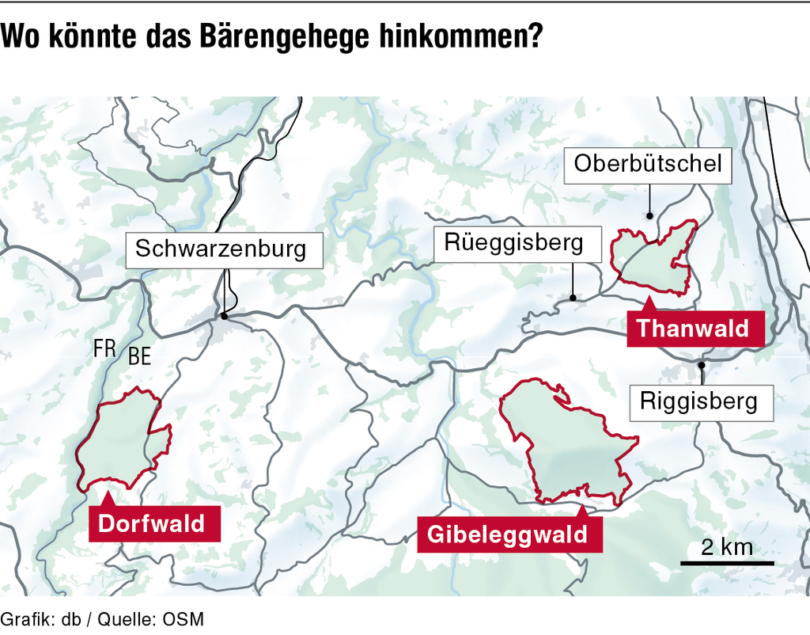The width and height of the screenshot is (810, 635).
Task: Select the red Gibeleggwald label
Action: click(508, 534)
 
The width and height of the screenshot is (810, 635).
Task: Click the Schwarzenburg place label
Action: click(221, 249)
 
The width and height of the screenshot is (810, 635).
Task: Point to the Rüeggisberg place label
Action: click(513, 242)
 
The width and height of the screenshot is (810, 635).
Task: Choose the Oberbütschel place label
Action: click(648, 164)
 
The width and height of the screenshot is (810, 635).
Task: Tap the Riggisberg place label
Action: click(698, 401)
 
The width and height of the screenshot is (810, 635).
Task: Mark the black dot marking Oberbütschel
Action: click(649, 215)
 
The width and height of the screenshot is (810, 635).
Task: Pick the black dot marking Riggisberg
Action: click(702, 365)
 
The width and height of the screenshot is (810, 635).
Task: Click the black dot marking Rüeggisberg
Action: click(573, 298)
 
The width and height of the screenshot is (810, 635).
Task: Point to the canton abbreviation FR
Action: click(104, 348)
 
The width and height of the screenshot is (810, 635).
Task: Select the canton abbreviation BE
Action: click(139, 357)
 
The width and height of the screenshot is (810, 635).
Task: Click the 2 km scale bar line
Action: click(727, 563)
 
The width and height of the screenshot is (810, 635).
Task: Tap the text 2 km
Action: click(726, 546)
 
